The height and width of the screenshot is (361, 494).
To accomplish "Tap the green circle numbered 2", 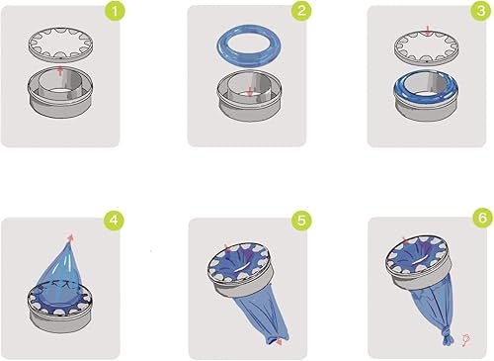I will click(x=299, y=14).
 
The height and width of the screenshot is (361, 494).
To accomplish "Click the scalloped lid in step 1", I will click(x=61, y=45).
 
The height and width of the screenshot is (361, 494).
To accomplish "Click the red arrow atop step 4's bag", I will click(x=70, y=237).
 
